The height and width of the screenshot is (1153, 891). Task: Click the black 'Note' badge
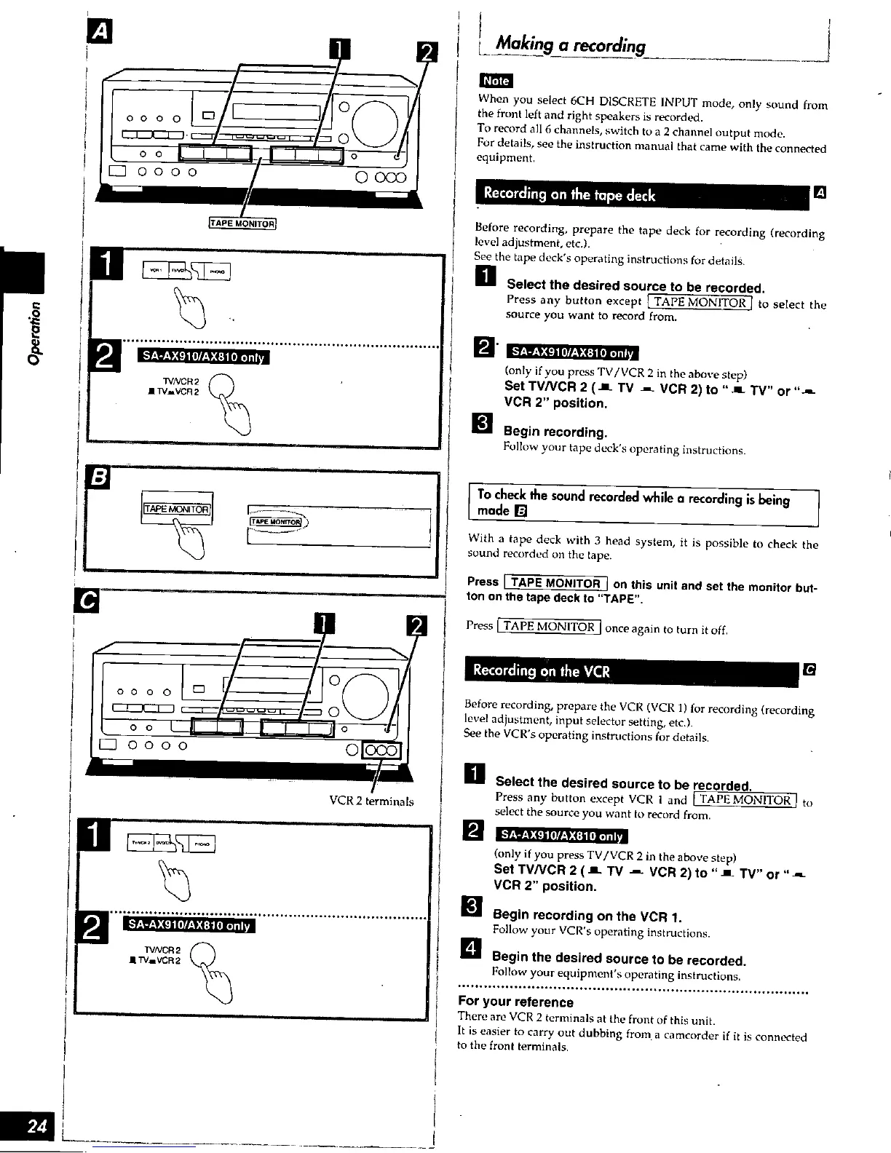coord(495,81)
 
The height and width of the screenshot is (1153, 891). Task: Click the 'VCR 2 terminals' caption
coord(371,801)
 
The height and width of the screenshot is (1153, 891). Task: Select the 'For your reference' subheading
coord(515,1002)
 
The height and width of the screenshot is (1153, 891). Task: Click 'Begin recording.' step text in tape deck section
coord(556,432)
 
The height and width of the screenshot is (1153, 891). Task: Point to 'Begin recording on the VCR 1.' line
coord(587,915)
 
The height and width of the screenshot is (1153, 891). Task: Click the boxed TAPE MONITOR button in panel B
coord(177,509)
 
